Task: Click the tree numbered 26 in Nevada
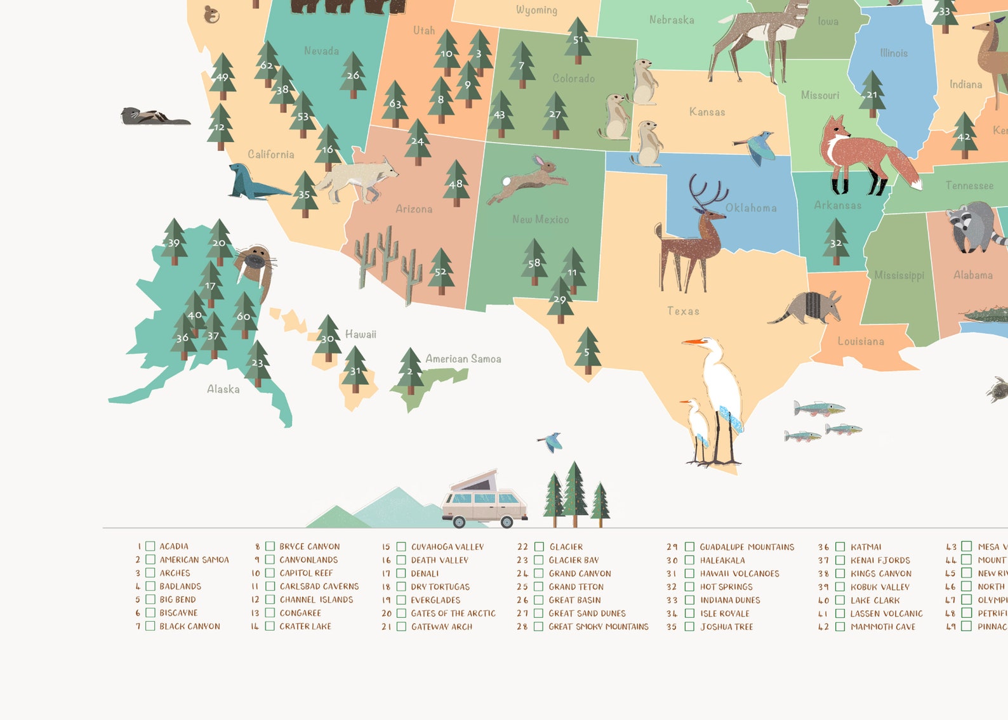pyautogui.click(x=353, y=75)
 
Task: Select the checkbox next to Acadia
pyautogui.click(x=150, y=546)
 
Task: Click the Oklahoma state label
pyautogui.click(x=751, y=208)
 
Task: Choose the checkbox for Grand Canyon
pyautogui.click(x=539, y=573)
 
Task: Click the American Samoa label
pyautogui.click(x=463, y=359)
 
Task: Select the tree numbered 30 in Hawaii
pyautogui.click(x=328, y=338)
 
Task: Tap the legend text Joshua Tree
pyautogui.click(x=726, y=627)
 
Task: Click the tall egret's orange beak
pyautogui.click(x=693, y=342)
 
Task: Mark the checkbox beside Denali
pyautogui.click(x=401, y=573)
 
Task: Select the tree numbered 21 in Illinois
pyautogui.click(x=872, y=95)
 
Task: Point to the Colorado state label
pyautogui.click(x=573, y=79)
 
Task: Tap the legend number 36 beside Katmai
pyautogui.click(x=823, y=547)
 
